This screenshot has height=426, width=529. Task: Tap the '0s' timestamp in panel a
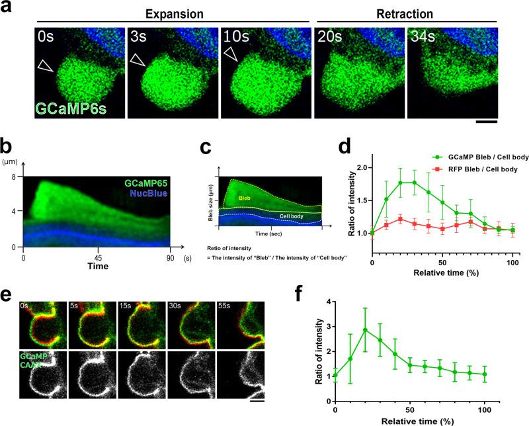(47, 36)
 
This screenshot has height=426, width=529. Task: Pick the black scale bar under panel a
(485, 121)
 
